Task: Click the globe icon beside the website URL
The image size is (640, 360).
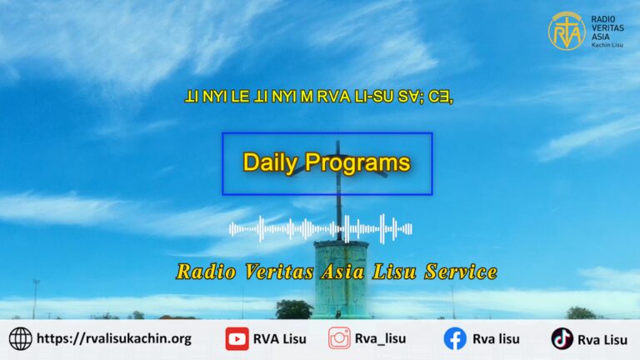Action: (20, 339)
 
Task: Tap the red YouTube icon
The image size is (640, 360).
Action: (237, 339)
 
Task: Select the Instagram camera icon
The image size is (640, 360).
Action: (339, 338)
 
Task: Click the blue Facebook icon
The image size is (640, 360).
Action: (455, 339)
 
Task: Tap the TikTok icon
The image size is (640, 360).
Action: (562, 339)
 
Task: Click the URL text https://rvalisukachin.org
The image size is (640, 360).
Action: (114, 339)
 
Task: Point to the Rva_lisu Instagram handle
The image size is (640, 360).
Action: (380, 339)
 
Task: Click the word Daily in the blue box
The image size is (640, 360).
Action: (270, 162)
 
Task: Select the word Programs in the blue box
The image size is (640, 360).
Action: (357, 162)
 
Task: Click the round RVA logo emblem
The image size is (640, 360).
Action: (567, 31)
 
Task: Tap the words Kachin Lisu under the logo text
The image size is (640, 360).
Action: (607, 45)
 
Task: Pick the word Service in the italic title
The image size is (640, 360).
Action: (461, 272)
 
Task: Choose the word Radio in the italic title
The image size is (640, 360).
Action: (206, 272)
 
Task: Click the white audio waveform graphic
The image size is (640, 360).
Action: (320, 229)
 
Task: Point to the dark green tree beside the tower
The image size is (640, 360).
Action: (294, 309)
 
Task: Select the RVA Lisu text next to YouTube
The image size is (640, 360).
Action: (280, 339)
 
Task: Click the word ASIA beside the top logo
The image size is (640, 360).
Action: (601, 37)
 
